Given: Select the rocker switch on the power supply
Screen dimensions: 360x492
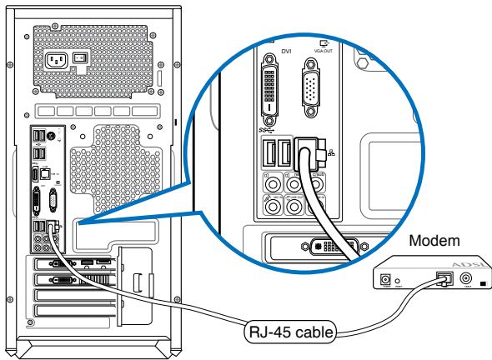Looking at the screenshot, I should click(81, 59).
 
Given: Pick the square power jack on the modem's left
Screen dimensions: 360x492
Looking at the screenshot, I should click(386, 281).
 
